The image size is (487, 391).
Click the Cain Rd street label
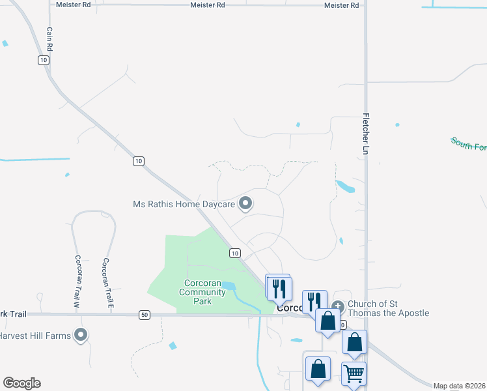49,40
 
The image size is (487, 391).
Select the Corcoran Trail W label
76,282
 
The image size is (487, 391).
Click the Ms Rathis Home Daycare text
184,204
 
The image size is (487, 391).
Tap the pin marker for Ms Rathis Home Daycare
245,204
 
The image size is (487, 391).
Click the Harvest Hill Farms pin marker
81,335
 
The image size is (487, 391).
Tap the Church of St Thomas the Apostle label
388,308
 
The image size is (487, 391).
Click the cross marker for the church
337,306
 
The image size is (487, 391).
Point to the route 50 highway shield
144,315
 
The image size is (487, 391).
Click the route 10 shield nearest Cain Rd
43,60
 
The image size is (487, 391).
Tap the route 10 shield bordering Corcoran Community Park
234,253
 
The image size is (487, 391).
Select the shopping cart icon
354,374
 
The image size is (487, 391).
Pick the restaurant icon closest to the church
314,300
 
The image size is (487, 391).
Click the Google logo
21,383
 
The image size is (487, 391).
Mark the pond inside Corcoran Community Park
228,285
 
